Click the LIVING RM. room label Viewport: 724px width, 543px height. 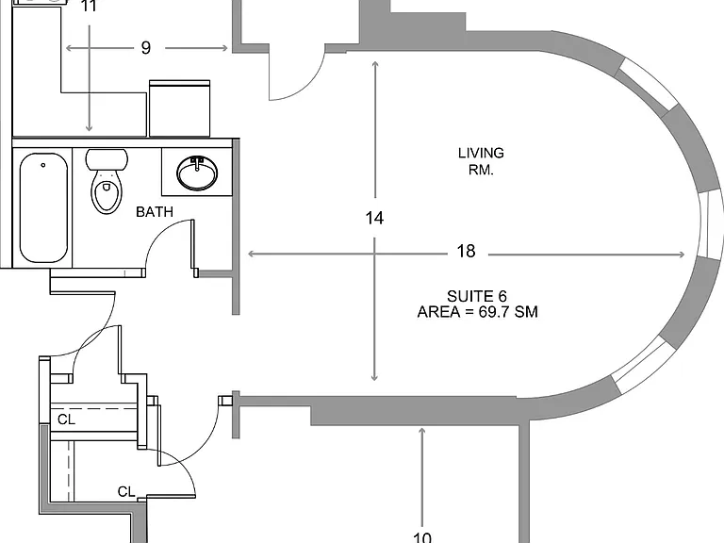click(x=481, y=161)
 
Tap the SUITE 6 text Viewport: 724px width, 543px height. click(x=477, y=296)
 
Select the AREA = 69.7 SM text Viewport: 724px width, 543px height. click(x=477, y=312)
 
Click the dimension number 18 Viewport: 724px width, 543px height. click(x=466, y=251)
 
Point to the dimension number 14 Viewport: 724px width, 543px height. click(x=374, y=218)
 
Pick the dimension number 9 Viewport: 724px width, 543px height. click(x=146, y=47)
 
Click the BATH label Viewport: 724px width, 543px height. click(x=155, y=212)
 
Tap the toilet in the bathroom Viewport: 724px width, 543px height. click(x=107, y=181)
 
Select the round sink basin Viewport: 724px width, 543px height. click(x=197, y=173)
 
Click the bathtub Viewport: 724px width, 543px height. click(x=44, y=207)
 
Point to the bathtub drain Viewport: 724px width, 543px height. click(x=43, y=165)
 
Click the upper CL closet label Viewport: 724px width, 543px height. click(x=66, y=420)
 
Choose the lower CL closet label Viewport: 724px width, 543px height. click(x=126, y=492)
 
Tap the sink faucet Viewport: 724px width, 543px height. click(x=197, y=163)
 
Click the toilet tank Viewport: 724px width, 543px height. click(x=107, y=159)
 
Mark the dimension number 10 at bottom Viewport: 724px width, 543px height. click(x=422, y=537)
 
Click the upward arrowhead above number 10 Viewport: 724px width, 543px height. click(x=422, y=432)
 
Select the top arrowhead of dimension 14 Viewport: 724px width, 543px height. click(x=375, y=65)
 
